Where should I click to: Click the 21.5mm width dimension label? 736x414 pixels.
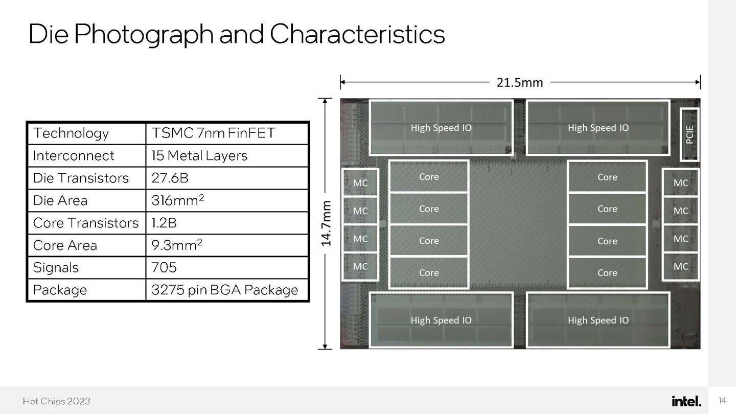pos(519,82)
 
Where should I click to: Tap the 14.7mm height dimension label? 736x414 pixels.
pos(326,223)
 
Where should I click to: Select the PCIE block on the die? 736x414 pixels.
pos(689,135)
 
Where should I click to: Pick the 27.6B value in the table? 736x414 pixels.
pos(170,178)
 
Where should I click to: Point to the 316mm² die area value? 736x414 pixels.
pos(178,200)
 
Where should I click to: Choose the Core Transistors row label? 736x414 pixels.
pos(86,223)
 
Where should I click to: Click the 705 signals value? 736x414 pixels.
pos(164,267)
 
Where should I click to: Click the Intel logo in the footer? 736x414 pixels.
pos(686,401)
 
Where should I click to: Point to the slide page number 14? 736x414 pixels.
pos(722,400)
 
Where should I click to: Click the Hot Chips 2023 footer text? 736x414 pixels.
pos(57,401)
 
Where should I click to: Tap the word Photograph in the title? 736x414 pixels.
pos(144,35)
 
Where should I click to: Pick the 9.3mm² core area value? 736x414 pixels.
pos(177,245)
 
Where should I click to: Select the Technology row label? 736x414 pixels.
pos(71,133)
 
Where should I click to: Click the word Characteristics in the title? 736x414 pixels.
pos(357,34)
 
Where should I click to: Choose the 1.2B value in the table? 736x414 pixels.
pos(164,223)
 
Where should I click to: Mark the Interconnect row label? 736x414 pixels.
pos(74,155)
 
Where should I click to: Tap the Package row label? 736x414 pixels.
pos(60,290)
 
